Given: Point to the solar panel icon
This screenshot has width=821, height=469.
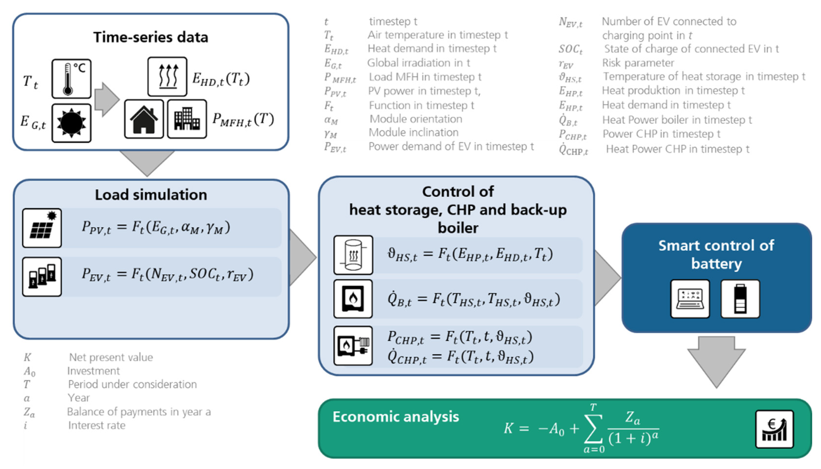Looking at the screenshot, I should point(42,228).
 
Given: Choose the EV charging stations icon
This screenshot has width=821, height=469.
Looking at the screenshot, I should point(42,277).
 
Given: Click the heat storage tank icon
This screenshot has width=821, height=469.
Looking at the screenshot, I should point(353,255).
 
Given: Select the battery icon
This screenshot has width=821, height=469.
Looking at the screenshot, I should point(740,299).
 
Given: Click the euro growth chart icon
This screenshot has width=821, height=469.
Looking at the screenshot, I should point(774,429).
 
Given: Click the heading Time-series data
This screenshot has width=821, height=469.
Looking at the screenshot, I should point(151,37).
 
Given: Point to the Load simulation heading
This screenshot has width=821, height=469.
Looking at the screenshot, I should point(151,195).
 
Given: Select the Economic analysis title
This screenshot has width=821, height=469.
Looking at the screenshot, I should point(396,417).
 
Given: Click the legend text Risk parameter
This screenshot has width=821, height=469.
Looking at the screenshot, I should point(638,63).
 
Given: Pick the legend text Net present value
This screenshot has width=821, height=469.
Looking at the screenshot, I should point(111,357).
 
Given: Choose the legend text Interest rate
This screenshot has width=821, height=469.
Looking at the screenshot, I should point(96,425).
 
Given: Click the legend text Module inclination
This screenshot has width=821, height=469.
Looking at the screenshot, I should point(413,132).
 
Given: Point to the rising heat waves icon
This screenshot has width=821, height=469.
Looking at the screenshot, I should point(167,77).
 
